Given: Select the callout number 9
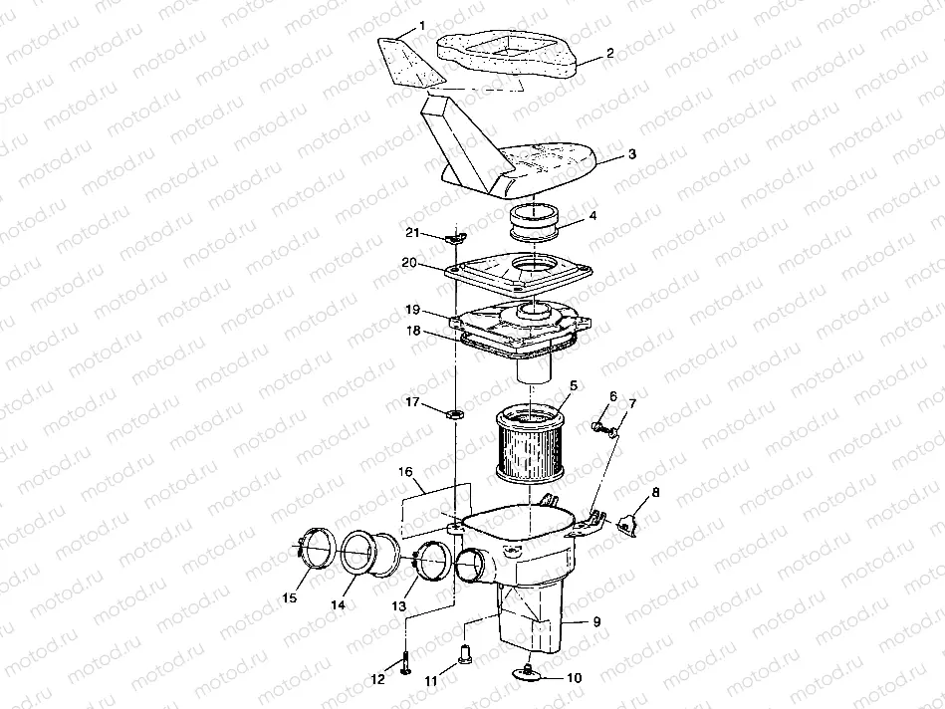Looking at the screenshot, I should point(595,621).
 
